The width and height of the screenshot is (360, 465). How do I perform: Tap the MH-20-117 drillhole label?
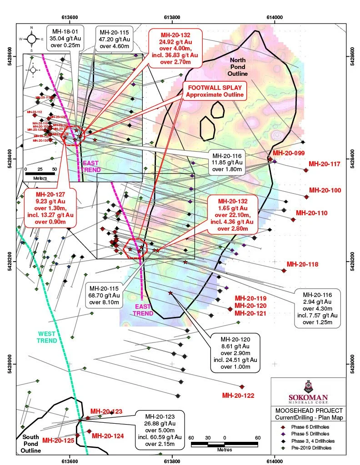(x=325, y=164)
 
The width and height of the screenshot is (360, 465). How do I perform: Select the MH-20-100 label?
(x=325, y=190)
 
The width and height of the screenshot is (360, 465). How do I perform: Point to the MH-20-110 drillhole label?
(x=311, y=213)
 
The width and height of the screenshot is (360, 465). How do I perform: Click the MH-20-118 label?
(x=302, y=264)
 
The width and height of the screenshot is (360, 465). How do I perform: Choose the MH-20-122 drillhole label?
(x=238, y=396)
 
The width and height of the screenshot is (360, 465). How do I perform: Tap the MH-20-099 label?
(x=285, y=153)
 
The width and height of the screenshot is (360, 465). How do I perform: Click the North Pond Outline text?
(x=238, y=67)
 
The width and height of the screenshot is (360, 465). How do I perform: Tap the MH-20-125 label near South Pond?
(x=58, y=440)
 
